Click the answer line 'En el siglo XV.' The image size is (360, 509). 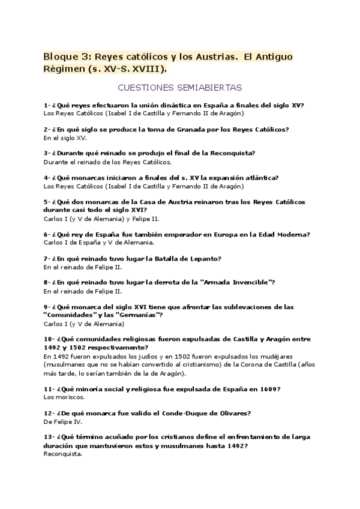[x=65, y=137]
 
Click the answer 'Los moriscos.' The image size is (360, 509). [x=64, y=397]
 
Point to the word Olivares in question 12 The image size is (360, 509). [x=228, y=413]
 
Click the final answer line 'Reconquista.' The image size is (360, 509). [x=63, y=454]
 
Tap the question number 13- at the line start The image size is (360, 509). [x=49, y=437]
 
